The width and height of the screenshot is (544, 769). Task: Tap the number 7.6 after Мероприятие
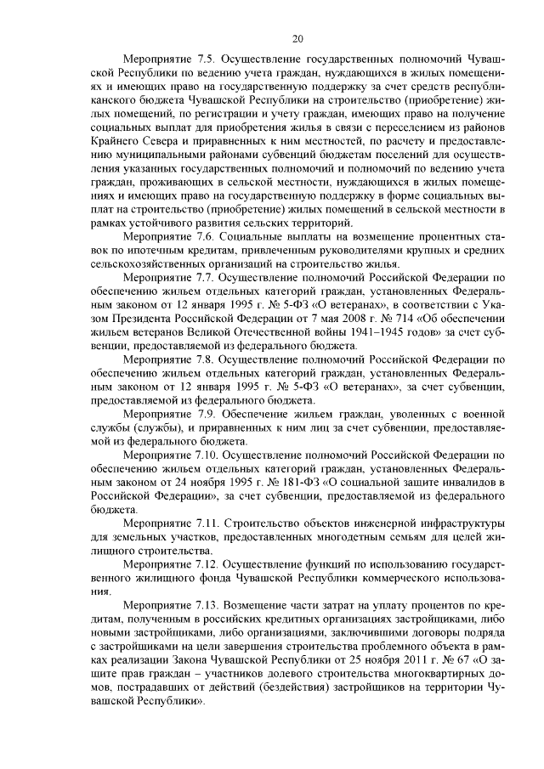(x=201, y=247)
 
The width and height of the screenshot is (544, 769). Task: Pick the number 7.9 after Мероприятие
(x=201, y=414)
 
